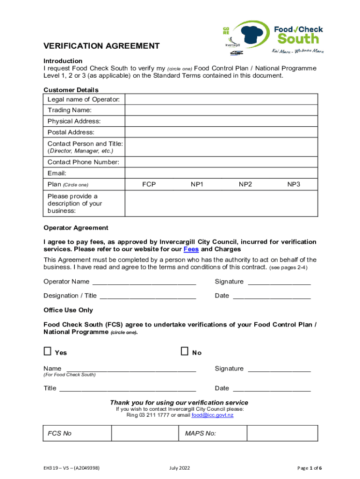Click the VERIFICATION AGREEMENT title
101,46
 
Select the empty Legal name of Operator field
221,99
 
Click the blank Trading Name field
221,110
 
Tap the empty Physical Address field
221,122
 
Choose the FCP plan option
149,185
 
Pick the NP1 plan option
197,185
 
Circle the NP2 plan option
245,185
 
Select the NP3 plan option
294,185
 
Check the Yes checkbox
48,351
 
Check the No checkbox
184,351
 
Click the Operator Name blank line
144,282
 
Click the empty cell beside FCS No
145,433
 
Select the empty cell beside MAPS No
282,433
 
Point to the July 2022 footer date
180,468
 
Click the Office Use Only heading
68,310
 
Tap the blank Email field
221,174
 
